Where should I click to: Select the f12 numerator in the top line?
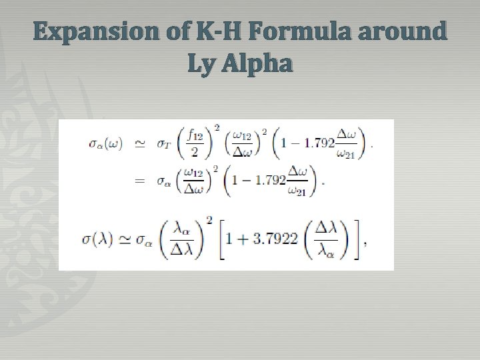tap(195, 135)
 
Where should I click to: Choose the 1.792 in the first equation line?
tap(318, 144)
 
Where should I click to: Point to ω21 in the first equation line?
tap(349, 154)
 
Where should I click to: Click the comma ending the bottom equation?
tap(365, 244)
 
